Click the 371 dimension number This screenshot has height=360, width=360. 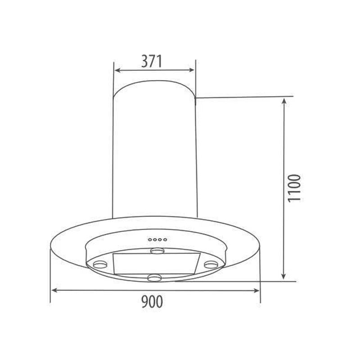click(x=151, y=61)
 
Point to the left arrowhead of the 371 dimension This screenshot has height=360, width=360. click(x=116, y=71)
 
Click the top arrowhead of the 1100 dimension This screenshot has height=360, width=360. click(x=283, y=101)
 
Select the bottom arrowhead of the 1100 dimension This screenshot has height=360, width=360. click(x=283, y=276)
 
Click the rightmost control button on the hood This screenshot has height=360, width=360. click(x=166, y=239)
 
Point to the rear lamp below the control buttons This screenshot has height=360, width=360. click(x=157, y=250)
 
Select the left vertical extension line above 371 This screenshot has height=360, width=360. click(x=113, y=79)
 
